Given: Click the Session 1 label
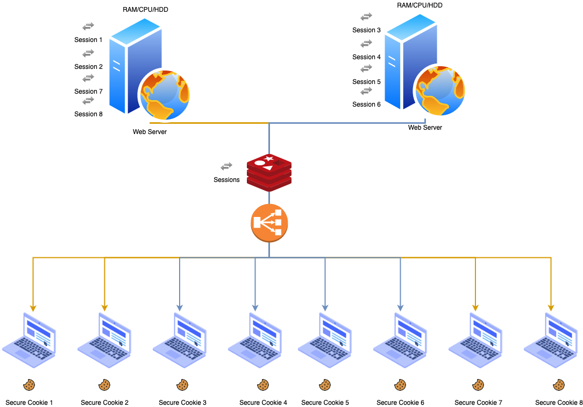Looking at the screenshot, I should [x=88, y=40].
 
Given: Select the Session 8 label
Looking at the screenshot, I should [x=88, y=114].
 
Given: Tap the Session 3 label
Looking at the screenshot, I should [x=366, y=30].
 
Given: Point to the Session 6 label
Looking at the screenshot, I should [x=366, y=104].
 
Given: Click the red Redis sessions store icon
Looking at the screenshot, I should [x=269, y=172].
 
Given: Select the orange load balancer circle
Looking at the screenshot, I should [x=269, y=223].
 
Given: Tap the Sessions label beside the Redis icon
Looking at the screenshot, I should [x=226, y=180].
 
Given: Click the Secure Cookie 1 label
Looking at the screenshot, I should [x=30, y=403].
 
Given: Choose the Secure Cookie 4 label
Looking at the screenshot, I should [x=263, y=403].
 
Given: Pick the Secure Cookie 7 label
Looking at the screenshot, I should [x=478, y=403].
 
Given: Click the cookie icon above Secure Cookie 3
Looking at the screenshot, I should [x=182, y=385].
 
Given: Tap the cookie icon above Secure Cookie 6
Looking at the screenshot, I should [x=400, y=385].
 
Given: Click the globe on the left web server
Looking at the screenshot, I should [x=165, y=95].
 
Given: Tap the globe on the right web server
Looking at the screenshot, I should [x=440, y=91].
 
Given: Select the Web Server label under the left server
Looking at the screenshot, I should [x=150, y=132].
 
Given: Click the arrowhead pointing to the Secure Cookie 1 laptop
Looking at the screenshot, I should [x=33, y=308].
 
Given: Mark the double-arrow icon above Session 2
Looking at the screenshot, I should [x=88, y=53].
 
